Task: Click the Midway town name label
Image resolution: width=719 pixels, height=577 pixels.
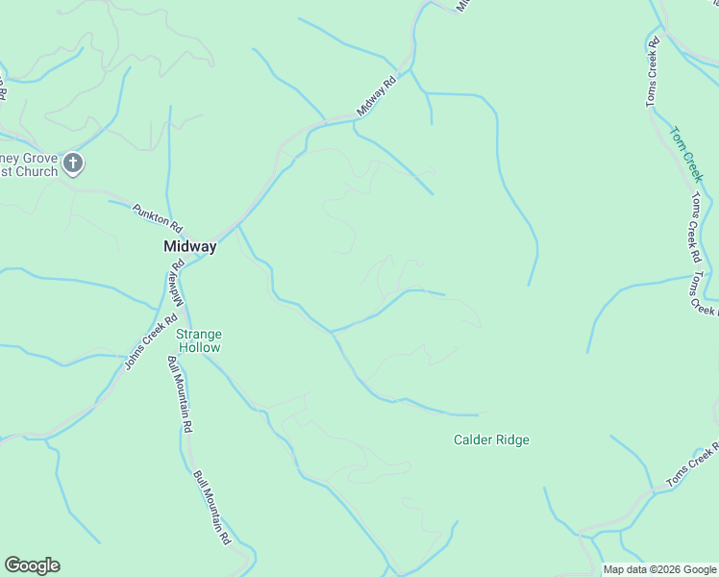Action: click(189, 246)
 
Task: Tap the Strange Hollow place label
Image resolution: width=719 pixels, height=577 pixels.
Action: click(198, 341)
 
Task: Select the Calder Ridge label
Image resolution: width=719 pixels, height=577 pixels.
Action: click(491, 440)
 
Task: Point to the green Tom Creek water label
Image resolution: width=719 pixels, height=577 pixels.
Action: click(687, 154)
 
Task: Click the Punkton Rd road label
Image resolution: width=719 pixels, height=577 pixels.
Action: click(158, 217)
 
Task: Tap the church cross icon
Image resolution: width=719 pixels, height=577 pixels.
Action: click(73, 164)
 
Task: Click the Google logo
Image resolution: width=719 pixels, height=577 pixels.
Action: click(32, 565)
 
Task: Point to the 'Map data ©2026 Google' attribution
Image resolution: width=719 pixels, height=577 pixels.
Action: click(660, 569)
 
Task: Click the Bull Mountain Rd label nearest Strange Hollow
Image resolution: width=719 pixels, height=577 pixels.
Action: click(181, 394)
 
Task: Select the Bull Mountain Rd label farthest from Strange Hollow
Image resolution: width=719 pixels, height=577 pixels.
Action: click(212, 509)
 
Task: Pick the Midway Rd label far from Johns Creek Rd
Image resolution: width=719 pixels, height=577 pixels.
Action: click(376, 97)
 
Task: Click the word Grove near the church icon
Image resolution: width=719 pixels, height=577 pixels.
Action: click(42, 157)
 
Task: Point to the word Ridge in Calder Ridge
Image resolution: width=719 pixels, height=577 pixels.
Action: click(511, 440)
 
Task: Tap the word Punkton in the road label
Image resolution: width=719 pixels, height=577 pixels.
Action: click(151, 214)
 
